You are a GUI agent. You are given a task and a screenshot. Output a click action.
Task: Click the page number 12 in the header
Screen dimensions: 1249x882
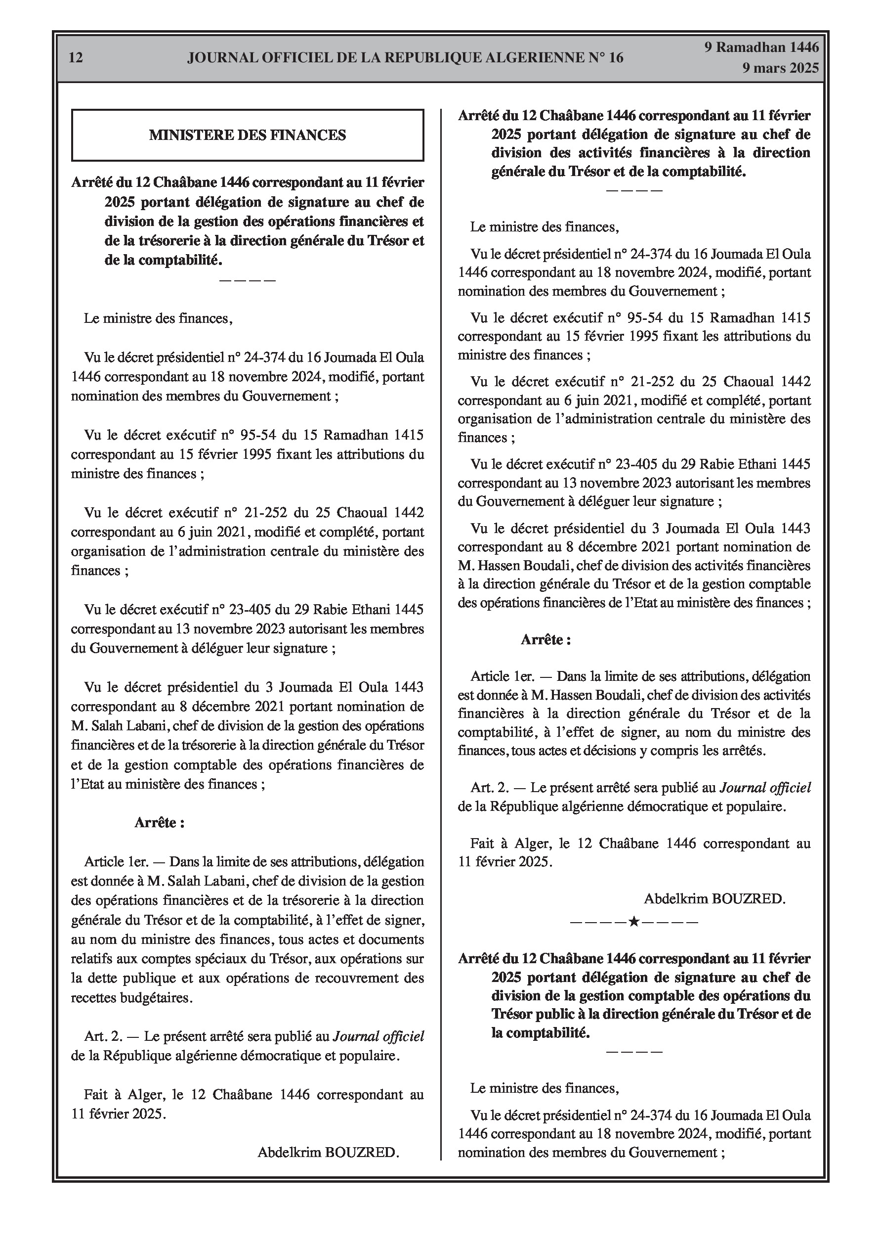76,58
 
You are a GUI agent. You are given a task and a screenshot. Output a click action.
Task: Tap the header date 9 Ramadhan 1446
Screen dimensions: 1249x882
761,47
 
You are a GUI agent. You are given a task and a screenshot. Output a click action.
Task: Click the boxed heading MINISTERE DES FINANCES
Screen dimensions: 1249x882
248,135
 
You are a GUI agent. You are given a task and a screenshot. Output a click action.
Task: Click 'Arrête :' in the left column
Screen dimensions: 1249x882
159,822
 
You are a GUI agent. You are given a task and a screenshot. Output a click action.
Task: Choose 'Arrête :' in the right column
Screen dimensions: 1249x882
546,640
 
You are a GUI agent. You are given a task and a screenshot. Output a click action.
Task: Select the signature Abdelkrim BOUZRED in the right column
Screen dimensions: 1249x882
714,898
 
